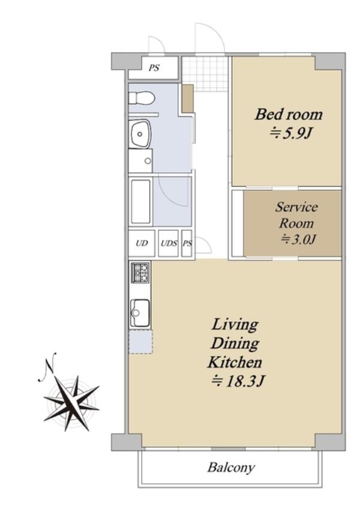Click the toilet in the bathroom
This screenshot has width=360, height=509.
pos(141,98)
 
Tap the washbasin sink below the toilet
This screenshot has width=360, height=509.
pos(141,134)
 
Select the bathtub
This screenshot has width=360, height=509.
pos(141,202)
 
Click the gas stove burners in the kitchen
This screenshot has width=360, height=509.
pos(140,273)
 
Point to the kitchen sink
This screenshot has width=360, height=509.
pos(140,313)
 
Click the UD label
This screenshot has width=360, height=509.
pos(142,243)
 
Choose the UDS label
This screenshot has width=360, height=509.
pos(169,243)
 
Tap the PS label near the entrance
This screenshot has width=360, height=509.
pos(154,68)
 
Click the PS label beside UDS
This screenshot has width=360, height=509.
pos(187,243)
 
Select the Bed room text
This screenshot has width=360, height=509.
pos(288,115)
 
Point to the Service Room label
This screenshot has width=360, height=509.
pos(296,215)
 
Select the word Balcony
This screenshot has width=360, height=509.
pos(231,468)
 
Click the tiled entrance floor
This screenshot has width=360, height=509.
pos(205,74)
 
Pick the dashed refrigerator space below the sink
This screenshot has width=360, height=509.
pos(140,342)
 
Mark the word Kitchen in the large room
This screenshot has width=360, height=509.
pos(235,363)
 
